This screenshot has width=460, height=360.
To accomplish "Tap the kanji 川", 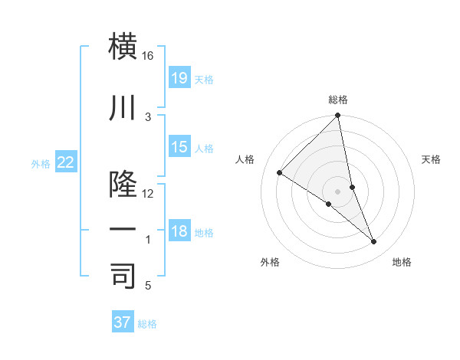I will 123,109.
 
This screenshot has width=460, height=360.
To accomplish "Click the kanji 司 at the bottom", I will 123,277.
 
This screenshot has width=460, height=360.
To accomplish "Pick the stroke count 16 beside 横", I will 148,56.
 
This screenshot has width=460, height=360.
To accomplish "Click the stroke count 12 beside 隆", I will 148,194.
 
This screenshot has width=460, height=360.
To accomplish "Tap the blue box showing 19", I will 179,78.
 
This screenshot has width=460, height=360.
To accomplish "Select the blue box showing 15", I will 179,147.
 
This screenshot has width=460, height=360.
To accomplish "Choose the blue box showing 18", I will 179,231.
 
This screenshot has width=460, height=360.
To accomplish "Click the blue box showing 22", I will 66,162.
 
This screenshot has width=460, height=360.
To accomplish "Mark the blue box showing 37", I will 122,322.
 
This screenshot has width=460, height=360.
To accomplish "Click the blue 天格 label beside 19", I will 204,79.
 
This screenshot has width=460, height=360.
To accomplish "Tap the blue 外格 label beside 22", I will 41,163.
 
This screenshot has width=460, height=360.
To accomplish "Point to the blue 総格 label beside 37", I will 147,323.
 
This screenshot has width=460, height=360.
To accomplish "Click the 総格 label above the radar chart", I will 338,100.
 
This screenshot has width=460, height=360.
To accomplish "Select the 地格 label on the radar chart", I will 402,262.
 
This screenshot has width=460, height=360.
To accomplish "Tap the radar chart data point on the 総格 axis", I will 338,116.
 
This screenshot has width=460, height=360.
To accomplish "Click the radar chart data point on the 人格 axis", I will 280,173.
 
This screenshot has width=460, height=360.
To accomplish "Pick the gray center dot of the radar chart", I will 338,191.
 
